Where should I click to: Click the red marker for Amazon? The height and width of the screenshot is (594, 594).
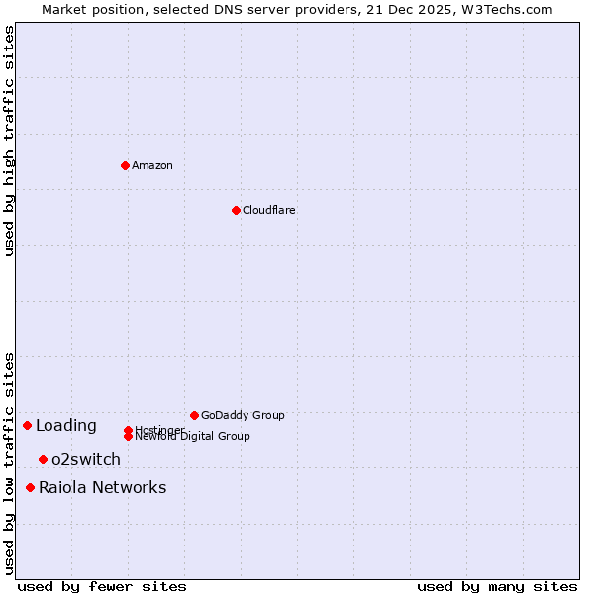tap(125, 165)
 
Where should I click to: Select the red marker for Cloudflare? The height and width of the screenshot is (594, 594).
tap(236, 210)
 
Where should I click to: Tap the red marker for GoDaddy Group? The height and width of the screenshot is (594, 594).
tap(194, 415)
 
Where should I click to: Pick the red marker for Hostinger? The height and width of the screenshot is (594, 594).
tap(128, 430)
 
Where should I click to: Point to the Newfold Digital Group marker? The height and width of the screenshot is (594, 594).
tap(128, 437)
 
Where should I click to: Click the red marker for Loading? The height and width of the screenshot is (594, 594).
tap(27, 425)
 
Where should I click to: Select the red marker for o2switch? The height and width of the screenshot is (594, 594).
tap(43, 459)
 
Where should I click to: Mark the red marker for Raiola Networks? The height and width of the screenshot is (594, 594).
tap(30, 487)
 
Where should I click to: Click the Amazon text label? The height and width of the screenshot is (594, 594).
tap(152, 165)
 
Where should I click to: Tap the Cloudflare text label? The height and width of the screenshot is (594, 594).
tap(269, 210)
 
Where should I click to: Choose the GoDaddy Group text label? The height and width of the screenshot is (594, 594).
tap(243, 415)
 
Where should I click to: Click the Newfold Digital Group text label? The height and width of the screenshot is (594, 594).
tap(193, 437)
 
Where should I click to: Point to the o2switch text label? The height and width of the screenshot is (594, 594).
tap(86, 459)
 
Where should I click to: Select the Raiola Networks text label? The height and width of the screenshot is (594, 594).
tap(103, 487)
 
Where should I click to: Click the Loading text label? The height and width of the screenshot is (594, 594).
tap(66, 426)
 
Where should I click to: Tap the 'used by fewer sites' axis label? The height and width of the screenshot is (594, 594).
tap(102, 586)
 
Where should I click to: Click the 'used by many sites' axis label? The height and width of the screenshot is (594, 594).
tap(497, 586)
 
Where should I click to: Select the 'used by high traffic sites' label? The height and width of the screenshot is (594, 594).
tap(9, 141)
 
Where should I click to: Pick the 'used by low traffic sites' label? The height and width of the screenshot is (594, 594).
tap(9, 463)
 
